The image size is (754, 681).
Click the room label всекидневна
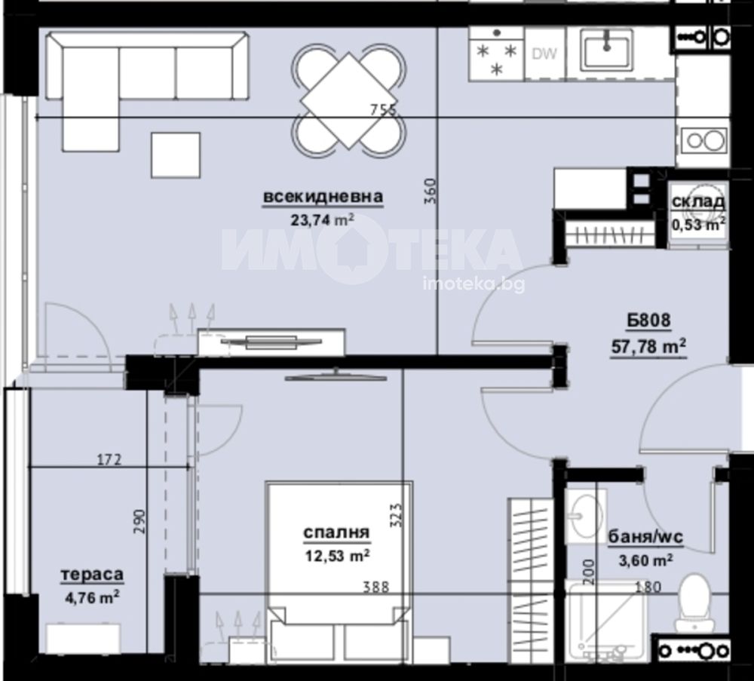pyautogui.click(x=323, y=197)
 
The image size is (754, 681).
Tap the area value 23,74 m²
pyautogui.click(x=323, y=219)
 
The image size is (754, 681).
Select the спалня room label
pyautogui.click(x=336, y=532)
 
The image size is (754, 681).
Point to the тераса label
pyautogui.click(x=92, y=574)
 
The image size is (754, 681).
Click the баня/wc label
pyautogui.click(x=645, y=537)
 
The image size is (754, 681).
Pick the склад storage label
pyautogui.click(x=698, y=201)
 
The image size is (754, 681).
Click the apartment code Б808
pyautogui.click(x=648, y=321)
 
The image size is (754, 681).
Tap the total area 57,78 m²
pyautogui.click(x=648, y=346)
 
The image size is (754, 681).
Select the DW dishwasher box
pyautogui.click(x=545, y=54)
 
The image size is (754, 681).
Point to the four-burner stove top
pyautogui.click(x=497, y=53)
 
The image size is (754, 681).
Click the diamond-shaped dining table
pyautogui.click(x=349, y=100)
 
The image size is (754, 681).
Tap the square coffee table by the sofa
pyautogui.click(x=176, y=155)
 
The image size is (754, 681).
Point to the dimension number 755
pyautogui.click(x=383, y=110)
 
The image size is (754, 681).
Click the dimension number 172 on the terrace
pyautogui.click(x=109, y=460)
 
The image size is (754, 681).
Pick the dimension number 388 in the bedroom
pyautogui.click(x=375, y=587)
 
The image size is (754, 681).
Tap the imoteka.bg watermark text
pyautogui.click(x=474, y=284)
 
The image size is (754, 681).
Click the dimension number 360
pyautogui.click(x=431, y=191)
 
